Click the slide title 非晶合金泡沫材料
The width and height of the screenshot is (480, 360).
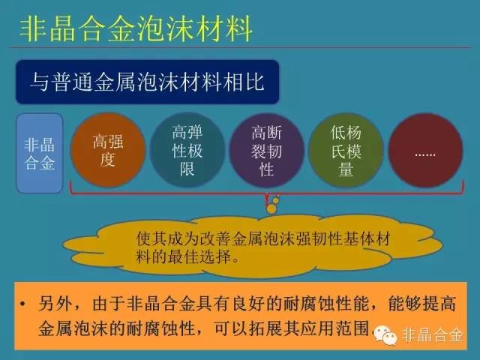[x=136, y=29]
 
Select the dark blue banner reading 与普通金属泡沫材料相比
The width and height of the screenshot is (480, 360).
[x=147, y=82]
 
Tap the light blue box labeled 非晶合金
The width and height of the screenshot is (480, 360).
[x=40, y=153]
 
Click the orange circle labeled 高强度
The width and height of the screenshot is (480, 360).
[x=108, y=150]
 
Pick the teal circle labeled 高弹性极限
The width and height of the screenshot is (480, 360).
[x=187, y=150]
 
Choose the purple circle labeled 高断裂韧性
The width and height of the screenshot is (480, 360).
[x=266, y=150]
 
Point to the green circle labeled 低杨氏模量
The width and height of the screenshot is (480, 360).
[x=346, y=150]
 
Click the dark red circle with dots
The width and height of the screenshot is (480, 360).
[x=425, y=150]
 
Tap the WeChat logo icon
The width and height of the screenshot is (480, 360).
[x=385, y=335]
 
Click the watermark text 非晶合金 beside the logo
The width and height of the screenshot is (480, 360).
[x=432, y=335]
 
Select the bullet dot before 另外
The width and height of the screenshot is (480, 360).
[x=22, y=304]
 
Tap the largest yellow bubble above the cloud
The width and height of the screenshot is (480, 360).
[x=271, y=208]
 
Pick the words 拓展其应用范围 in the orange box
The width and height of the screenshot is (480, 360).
[x=308, y=328]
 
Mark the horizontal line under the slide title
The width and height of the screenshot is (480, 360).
[x=240, y=47]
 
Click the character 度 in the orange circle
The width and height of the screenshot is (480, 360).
[x=108, y=160]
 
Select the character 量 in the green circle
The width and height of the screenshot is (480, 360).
[x=346, y=169]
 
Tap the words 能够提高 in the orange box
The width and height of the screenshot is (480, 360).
[x=421, y=304]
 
